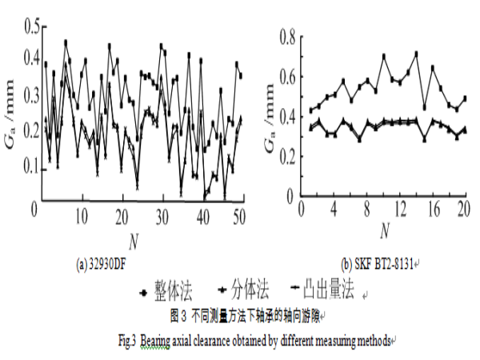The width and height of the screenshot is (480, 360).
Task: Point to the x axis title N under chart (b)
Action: [x=384, y=232]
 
